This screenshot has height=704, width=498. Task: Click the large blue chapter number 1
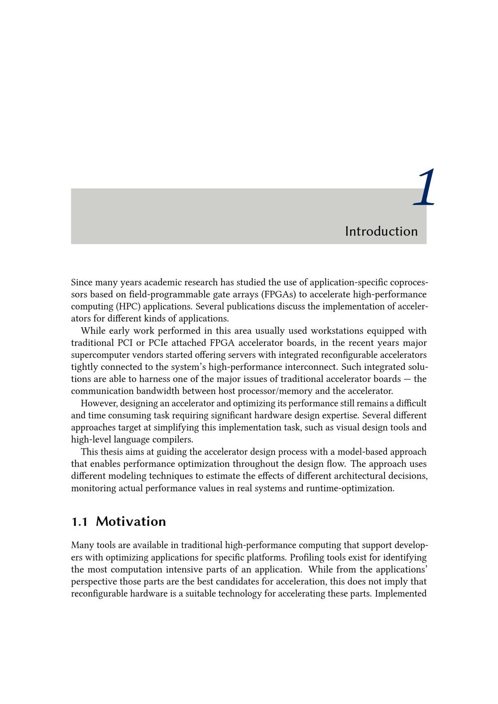[425, 188]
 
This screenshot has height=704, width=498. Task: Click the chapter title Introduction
[381, 232]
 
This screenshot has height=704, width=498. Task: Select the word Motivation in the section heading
[131, 522]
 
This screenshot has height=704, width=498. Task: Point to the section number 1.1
[80, 522]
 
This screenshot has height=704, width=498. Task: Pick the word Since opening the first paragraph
[82, 283]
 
